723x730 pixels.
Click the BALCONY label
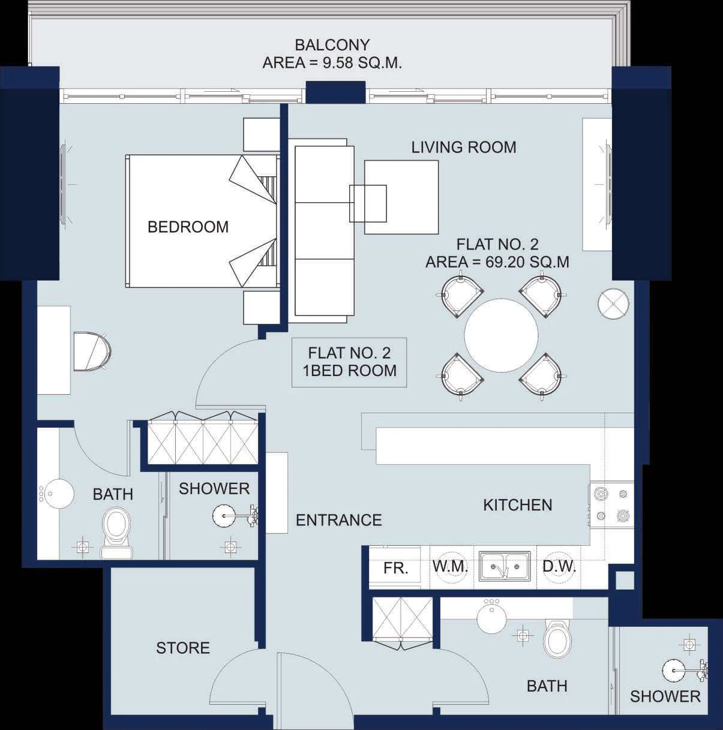pos(332,45)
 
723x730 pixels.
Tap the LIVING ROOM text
pos(464,148)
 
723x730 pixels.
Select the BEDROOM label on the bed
pos(188,227)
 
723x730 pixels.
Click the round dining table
pos(501,335)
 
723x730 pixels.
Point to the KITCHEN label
pos(518,505)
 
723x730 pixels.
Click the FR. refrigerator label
pos(395,568)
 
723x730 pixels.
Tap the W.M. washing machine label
pos(450,567)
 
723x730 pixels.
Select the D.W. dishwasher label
pos(559,567)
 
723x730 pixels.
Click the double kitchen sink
pos(505,566)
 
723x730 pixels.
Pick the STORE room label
pos(183,648)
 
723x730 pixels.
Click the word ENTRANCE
pos(339,521)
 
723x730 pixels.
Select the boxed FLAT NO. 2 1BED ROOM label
pos(349,362)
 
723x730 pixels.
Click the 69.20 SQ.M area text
pos(527,262)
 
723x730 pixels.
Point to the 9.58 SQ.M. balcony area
pos(362,63)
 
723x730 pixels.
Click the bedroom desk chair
pos(92,351)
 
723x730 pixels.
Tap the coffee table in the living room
pos(401,197)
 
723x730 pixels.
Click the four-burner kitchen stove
pos(611,504)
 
